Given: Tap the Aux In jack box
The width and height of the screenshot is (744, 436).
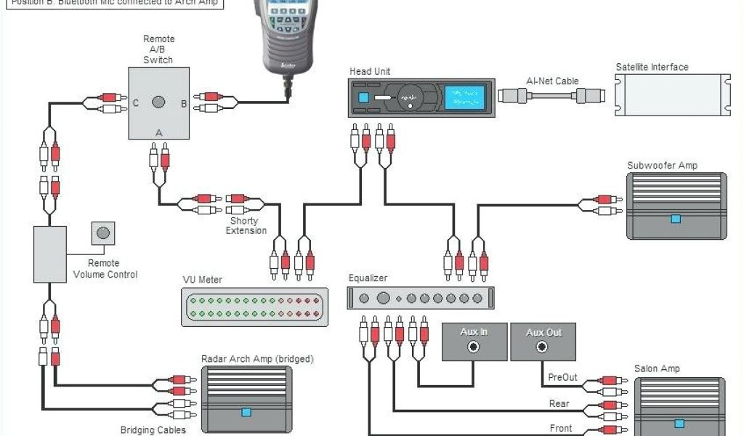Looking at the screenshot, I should click(x=474, y=342).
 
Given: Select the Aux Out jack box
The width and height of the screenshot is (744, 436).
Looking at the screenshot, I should click(x=543, y=342).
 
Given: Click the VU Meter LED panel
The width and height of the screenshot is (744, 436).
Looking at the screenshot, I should click(x=254, y=307).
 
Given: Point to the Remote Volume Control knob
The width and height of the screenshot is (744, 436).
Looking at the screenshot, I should click(x=103, y=233).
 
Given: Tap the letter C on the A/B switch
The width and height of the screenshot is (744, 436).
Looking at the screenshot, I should click(x=135, y=103).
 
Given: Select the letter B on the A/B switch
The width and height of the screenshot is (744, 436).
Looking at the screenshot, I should click(x=183, y=104).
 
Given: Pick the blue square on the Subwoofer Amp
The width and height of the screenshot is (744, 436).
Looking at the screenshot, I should click(x=676, y=218).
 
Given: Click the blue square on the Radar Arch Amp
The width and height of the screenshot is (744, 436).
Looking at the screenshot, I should click(x=246, y=412).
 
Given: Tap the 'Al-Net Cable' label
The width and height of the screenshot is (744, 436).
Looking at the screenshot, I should click(x=552, y=81).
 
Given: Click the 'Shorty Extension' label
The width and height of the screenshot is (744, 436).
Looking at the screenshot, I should click(x=245, y=226).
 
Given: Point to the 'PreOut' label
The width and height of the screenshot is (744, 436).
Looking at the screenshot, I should click(x=562, y=377).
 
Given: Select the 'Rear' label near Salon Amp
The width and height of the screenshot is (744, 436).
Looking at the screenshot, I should click(x=559, y=403).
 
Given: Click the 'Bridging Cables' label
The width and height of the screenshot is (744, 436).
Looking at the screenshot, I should click(x=153, y=430).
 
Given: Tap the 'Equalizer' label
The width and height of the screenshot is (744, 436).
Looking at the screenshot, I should click(x=368, y=278).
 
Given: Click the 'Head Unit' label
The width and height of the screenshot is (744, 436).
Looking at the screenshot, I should click(x=370, y=71).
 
